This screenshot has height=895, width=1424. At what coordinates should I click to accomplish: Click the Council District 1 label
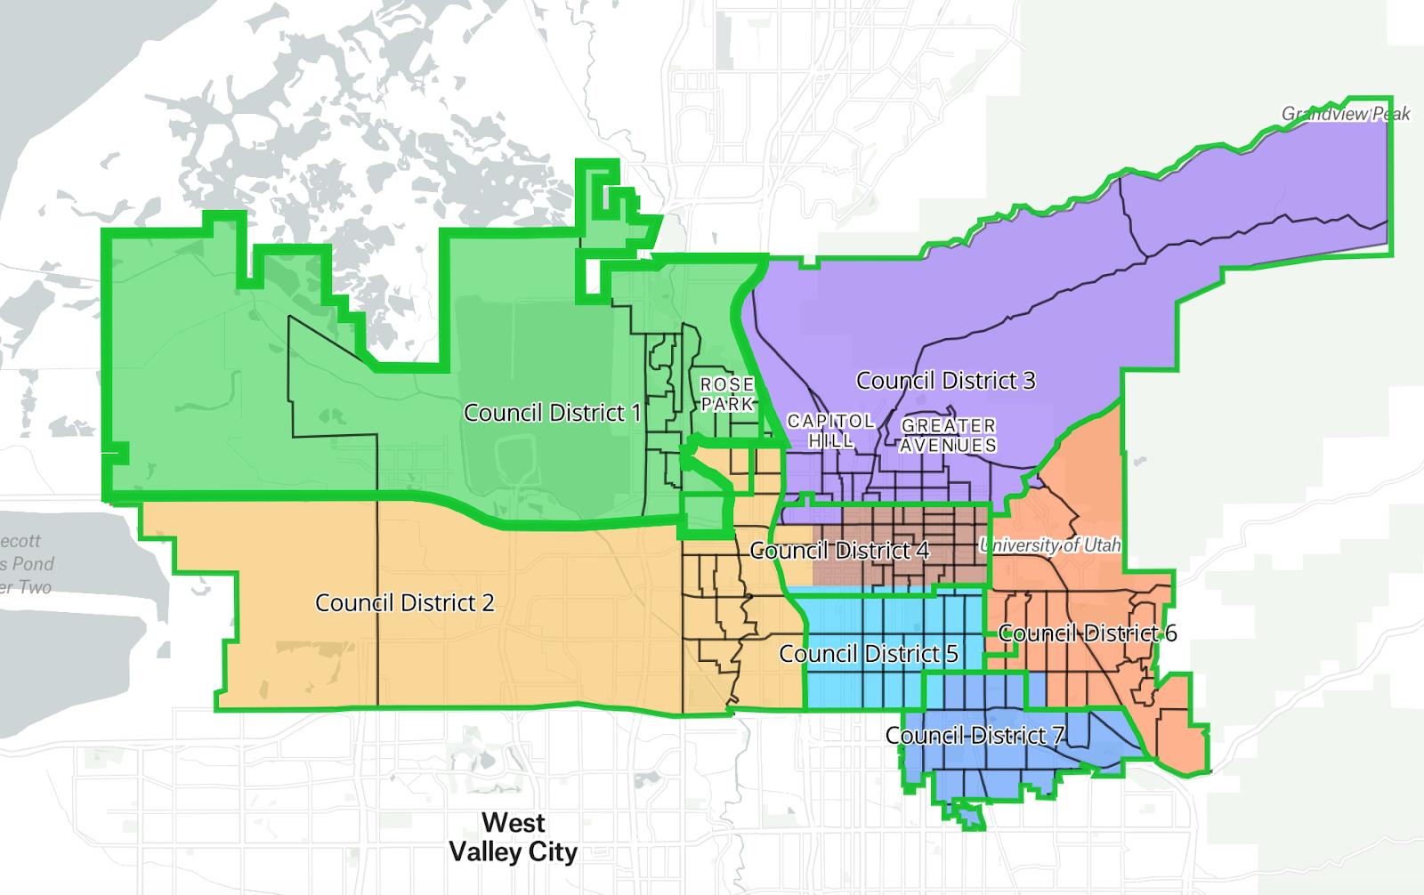(552, 413)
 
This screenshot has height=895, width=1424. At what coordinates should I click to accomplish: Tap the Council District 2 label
(404, 602)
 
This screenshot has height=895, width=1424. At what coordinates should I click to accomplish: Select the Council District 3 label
(945, 381)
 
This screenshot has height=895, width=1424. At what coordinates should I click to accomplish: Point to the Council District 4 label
(839, 551)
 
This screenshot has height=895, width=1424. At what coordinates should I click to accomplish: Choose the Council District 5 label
(868, 654)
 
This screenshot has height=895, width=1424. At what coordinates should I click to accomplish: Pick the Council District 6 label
(1087, 633)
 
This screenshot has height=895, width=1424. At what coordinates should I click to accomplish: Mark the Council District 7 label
(975, 736)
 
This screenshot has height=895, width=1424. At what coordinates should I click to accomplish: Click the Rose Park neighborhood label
(727, 394)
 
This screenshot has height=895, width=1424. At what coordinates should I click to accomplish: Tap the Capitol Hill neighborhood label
(830, 430)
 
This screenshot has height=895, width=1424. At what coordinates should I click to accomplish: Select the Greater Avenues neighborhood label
(948, 435)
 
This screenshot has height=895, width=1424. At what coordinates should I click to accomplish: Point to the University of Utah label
(1050, 544)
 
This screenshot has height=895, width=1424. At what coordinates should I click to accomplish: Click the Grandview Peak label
(1345, 114)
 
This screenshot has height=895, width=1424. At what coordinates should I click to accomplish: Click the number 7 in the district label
(1057, 736)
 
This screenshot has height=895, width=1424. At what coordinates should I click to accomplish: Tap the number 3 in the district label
(1029, 381)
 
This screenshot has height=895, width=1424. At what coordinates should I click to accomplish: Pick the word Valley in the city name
(487, 851)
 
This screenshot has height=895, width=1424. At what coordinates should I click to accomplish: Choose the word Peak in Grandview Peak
(1390, 114)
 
